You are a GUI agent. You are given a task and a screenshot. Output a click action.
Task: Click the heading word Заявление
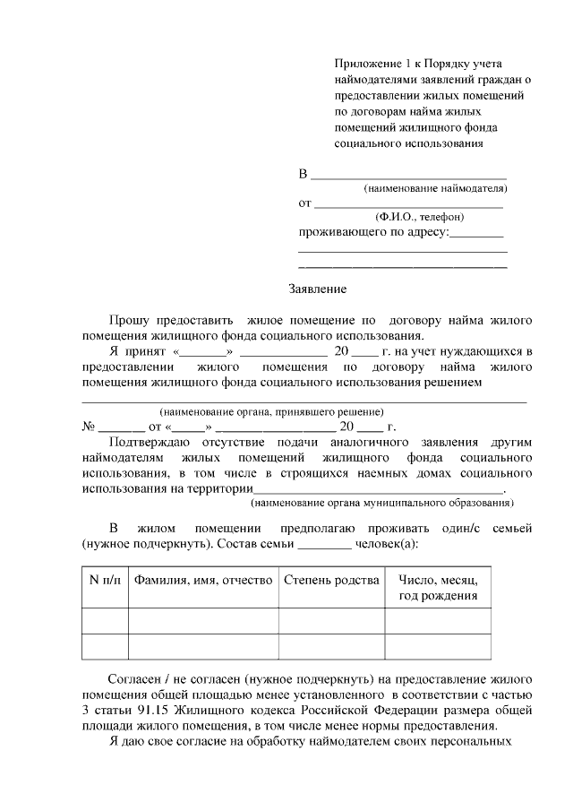pos(317,289)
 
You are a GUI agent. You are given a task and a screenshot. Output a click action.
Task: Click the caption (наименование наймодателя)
pos(435,189)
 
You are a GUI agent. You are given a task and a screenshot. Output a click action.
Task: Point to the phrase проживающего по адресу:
pos(372,232)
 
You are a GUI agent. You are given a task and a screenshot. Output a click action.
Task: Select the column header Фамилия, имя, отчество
pos(203,580)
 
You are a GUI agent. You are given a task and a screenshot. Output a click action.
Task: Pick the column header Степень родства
pos(331,580)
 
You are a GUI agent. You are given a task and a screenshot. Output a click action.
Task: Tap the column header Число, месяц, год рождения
pos(438,588)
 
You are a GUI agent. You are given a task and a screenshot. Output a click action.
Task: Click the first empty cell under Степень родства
pos(331,620)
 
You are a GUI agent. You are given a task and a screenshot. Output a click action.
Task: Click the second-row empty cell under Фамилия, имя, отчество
pos(203,646)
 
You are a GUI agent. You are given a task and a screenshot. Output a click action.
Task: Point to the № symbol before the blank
pos(89,427)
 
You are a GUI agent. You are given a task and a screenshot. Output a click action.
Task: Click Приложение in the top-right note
pos(367,64)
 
